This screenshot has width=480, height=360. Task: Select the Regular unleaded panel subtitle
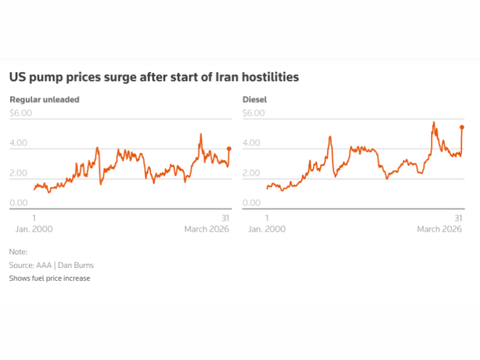(x=44, y=100)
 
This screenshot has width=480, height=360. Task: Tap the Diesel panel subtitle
(x=254, y=100)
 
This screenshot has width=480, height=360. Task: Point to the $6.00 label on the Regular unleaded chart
(x=21, y=113)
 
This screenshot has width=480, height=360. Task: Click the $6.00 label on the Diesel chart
(x=254, y=113)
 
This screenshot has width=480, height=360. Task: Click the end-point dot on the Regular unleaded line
(x=229, y=148)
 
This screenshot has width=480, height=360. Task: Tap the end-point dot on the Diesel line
(x=462, y=127)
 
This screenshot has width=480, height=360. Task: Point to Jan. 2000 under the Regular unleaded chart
(x=34, y=229)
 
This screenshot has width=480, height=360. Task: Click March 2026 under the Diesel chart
(x=439, y=229)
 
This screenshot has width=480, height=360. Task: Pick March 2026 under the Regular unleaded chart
(x=206, y=229)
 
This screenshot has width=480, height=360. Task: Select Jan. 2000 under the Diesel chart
(x=267, y=229)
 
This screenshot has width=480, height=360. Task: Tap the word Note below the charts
(x=18, y=252)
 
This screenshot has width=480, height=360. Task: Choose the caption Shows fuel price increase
(x=50, y=278)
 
